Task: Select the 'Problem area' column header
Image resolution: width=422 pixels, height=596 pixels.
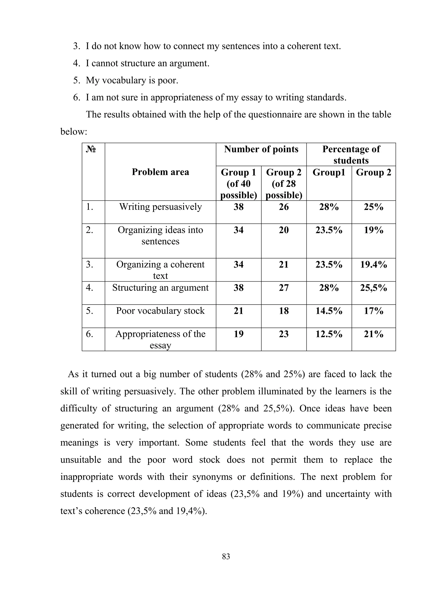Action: (x=160, y=172)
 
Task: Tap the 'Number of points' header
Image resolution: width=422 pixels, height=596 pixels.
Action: (x=261, y=149)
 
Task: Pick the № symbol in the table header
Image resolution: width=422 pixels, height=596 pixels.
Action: (x=91, y=149)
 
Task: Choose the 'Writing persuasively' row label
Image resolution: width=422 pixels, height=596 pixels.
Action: (x=160, y=207)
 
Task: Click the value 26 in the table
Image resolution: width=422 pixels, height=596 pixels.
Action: (x=284, y=207)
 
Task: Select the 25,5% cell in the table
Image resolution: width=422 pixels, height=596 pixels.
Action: (x=373, y=288)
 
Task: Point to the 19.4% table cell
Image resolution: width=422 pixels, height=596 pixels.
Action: (x=373, y=264)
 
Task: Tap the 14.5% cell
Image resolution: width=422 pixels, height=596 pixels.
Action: (x=329, y=311)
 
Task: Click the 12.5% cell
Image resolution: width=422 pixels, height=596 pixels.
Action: (x=329, y=334)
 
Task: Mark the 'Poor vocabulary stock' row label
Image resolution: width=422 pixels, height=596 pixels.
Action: (x=160, y=311)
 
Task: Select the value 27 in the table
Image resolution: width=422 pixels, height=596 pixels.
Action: (x=284, y=288)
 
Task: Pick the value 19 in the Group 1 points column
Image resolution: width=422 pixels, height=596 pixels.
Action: (x=239, y=334)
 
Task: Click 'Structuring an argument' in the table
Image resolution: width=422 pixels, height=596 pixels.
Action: (x=160, y=288)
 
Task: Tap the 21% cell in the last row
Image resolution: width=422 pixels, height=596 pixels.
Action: (x=373, y=334)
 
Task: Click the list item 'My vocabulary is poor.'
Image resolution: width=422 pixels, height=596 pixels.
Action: (x=132, y=80)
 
